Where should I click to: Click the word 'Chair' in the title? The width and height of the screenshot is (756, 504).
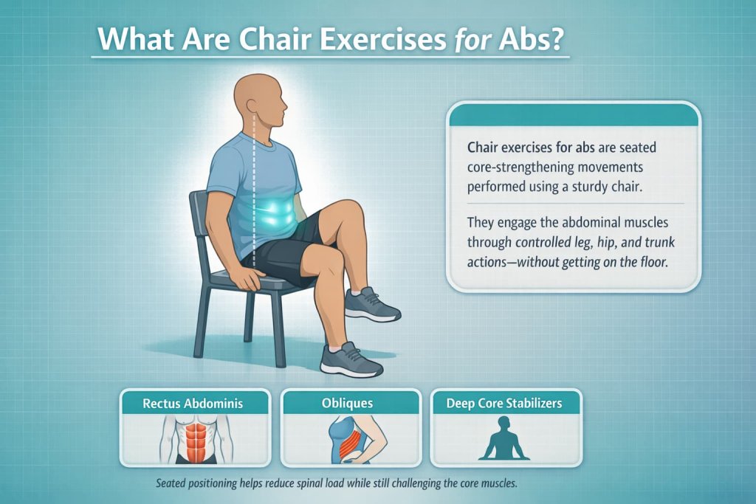[281, 39]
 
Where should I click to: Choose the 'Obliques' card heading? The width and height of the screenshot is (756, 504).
[348, 404]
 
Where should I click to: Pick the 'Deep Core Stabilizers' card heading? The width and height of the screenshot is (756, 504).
[505, 404]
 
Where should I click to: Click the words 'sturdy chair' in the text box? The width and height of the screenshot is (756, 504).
[605, 187]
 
